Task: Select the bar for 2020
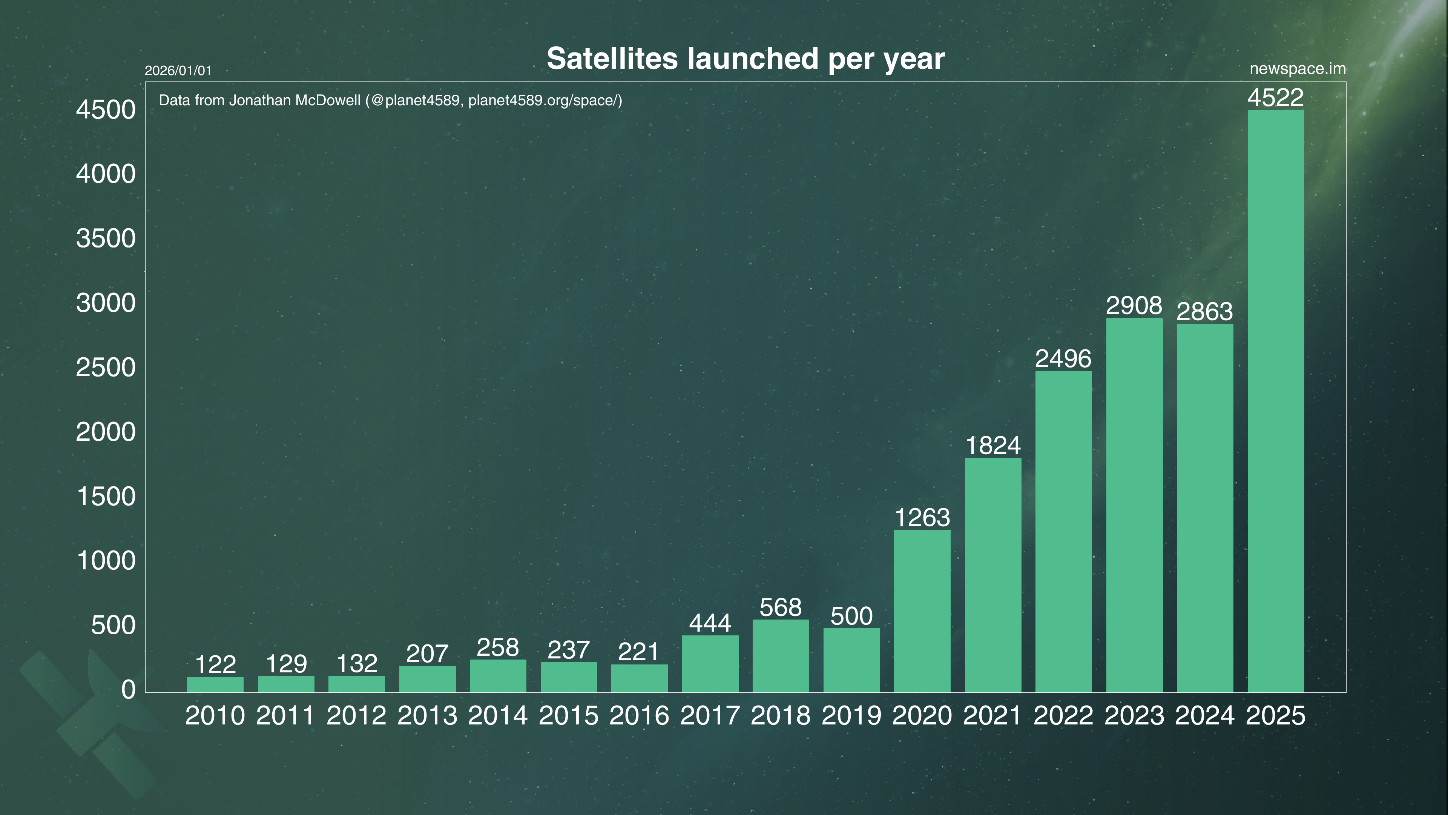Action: [x=922, y=611]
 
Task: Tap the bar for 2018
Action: [x=781, y=656]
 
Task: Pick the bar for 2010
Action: [x=215, y=684]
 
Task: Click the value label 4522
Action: [x=1275, y=98]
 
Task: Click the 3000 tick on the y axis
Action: [x=106, y=303]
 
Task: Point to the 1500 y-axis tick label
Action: [x=106, y=497]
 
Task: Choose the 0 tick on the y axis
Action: [x=128, y=690]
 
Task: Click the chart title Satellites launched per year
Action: [x=745, y=58]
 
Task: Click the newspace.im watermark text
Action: [x=1297, y=69]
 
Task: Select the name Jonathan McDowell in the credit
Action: [x=295, y=101]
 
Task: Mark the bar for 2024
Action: [x=1205, y=507]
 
